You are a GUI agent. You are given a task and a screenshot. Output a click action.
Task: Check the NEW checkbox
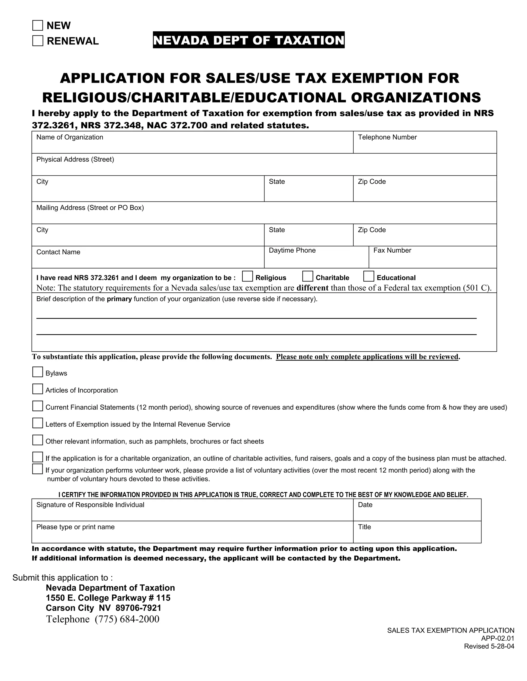[38, 25]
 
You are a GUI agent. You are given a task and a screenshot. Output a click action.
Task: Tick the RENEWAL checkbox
[38, 41]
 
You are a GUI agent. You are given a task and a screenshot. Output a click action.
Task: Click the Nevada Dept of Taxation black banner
[249, 40]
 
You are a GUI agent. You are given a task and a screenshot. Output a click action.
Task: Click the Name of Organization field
[192, 145]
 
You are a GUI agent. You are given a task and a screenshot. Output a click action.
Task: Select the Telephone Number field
[425, 145]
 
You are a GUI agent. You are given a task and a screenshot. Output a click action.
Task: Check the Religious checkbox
[247, 277]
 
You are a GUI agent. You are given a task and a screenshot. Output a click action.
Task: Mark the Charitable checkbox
[308, 277]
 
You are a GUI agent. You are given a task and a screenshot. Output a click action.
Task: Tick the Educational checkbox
[368, 277]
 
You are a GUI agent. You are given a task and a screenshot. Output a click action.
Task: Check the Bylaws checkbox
[38, 372]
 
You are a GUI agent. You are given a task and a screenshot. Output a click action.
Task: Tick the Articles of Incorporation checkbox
[38, 389]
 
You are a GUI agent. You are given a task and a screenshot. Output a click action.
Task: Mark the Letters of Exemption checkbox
[38, 423]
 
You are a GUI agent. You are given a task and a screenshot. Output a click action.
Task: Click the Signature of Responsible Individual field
[192, 513]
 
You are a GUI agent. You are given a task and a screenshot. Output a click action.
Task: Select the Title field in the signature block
[417, 535]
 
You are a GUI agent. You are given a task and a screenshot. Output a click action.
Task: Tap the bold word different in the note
[312, 288]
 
